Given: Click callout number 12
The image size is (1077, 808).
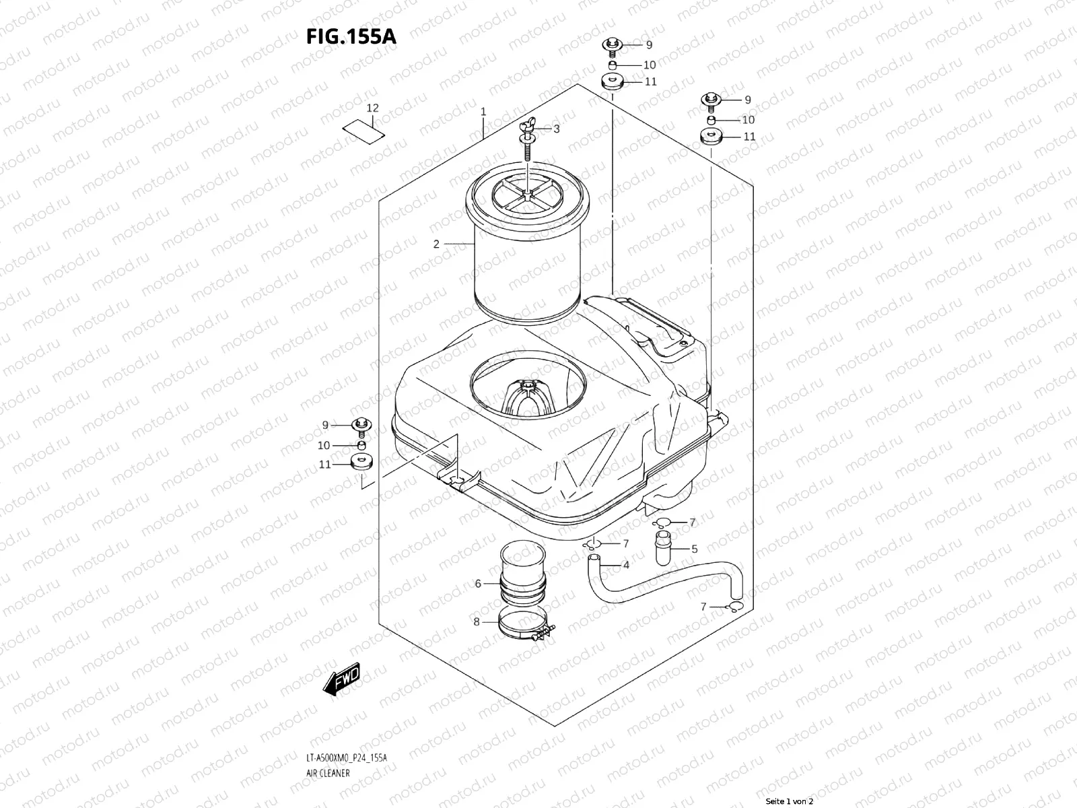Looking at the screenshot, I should click(x=372, y=108).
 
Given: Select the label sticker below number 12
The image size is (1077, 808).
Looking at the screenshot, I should click(x=364, y=129).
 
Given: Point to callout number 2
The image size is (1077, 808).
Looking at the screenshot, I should click(x=436, y=244).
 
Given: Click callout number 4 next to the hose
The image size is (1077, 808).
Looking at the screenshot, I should click(x=626, y=565).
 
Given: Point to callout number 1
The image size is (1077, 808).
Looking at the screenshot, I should click(x=483, y=111).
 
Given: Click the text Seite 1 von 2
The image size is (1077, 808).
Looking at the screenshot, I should click(x=790, y=801).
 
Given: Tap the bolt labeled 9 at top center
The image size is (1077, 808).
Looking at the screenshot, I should click(x=612, y=46).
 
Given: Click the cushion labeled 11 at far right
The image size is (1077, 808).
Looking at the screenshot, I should click(x=710, y=137).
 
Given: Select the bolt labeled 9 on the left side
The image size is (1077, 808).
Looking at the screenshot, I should click(x=361, y=425).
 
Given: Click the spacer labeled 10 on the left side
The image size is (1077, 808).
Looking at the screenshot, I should click(x=361, y=445).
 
